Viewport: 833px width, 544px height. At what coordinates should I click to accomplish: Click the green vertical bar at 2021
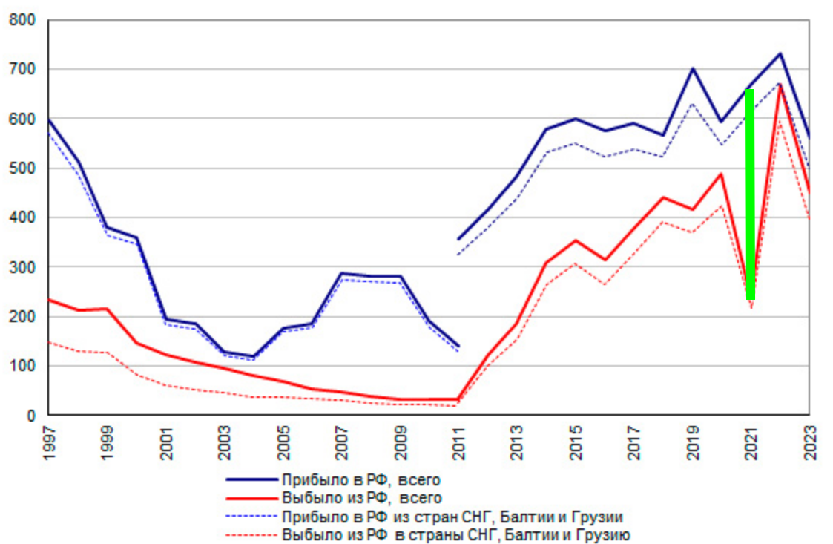[x=750, y=194]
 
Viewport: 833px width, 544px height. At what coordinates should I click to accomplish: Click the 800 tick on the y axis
[x=22, y=20]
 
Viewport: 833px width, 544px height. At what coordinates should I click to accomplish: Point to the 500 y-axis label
[x=22, y=168]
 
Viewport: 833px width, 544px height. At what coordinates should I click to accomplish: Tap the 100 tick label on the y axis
[x=22, y=366]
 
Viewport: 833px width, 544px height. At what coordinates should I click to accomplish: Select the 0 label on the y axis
[x=31, y=416]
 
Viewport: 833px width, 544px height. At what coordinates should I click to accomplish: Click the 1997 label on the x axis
[x=50, y=443]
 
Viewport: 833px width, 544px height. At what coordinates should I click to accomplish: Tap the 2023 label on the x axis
[x=809, y=443]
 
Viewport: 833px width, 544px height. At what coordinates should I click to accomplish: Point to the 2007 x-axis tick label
[x=342, y=443]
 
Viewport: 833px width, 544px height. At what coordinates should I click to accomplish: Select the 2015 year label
[x=576, y=443]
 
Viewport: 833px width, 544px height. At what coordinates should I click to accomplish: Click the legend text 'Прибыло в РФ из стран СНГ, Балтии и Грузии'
[x=451, y=516]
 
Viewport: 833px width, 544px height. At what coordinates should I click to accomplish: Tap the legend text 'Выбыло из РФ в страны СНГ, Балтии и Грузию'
[x=455, y=534]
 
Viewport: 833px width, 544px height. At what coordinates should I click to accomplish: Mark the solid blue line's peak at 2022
[x=780, y=53]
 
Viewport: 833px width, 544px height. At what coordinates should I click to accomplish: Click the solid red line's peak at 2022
[x=780, y=85]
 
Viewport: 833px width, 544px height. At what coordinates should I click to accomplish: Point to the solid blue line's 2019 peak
[x=692, y=68]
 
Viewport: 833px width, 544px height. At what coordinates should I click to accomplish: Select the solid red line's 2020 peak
[x=721, y=174]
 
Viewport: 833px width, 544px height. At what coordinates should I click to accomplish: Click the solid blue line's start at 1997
[x=49, y=119]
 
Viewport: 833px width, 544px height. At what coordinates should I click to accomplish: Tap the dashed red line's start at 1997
[x=49, y=342]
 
